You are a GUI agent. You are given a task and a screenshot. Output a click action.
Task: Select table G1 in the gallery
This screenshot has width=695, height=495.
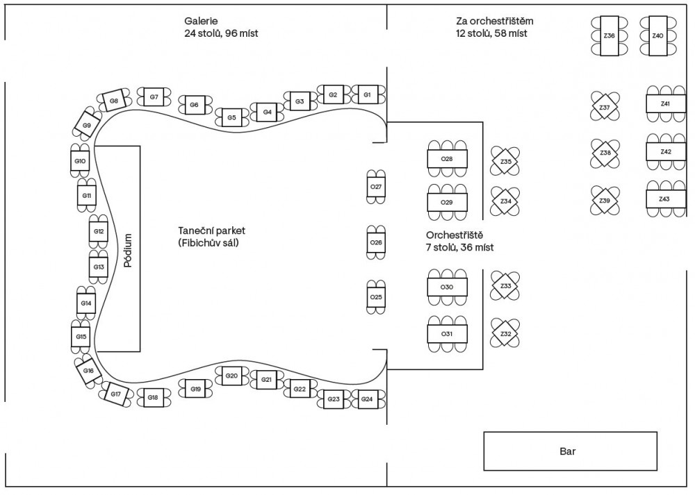pos(367,94)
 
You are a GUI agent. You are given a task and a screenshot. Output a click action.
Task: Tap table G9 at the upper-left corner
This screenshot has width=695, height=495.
pos(87,126)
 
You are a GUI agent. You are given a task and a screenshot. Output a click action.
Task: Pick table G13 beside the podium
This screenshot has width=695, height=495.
pos(99,267)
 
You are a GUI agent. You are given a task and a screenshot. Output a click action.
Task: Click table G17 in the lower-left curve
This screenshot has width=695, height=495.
pos(115,394)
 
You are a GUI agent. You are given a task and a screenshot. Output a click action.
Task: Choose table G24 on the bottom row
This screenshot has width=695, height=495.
pos(367,399)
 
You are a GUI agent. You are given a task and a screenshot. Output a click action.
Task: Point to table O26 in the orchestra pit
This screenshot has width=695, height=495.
pos(376,242)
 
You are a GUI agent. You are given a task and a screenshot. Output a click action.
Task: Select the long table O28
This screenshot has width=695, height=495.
pos(447,159)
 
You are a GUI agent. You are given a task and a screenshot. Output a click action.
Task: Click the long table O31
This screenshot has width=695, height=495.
pos(447,334)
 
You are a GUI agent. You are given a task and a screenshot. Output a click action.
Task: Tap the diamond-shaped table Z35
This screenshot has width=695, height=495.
pos(505,161)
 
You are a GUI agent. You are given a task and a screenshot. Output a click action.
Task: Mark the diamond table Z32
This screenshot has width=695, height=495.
pos(505,334)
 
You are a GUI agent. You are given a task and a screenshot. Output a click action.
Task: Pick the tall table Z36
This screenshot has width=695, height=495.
pos(609,35)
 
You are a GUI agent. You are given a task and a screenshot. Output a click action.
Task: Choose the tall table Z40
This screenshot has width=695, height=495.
pos(657,35)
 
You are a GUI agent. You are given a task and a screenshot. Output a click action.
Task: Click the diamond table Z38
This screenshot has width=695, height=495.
pos(605,153)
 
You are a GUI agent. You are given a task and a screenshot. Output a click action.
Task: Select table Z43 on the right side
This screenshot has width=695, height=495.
pos(665,199)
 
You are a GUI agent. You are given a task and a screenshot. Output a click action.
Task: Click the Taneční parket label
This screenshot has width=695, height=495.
pos(212,230)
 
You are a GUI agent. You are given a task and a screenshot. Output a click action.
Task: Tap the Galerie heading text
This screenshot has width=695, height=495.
pos(201,21)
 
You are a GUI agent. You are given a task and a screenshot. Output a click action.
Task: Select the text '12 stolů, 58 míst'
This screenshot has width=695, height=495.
pos(491,33)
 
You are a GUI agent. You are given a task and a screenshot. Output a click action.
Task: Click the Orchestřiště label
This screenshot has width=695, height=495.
pos(455,235)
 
